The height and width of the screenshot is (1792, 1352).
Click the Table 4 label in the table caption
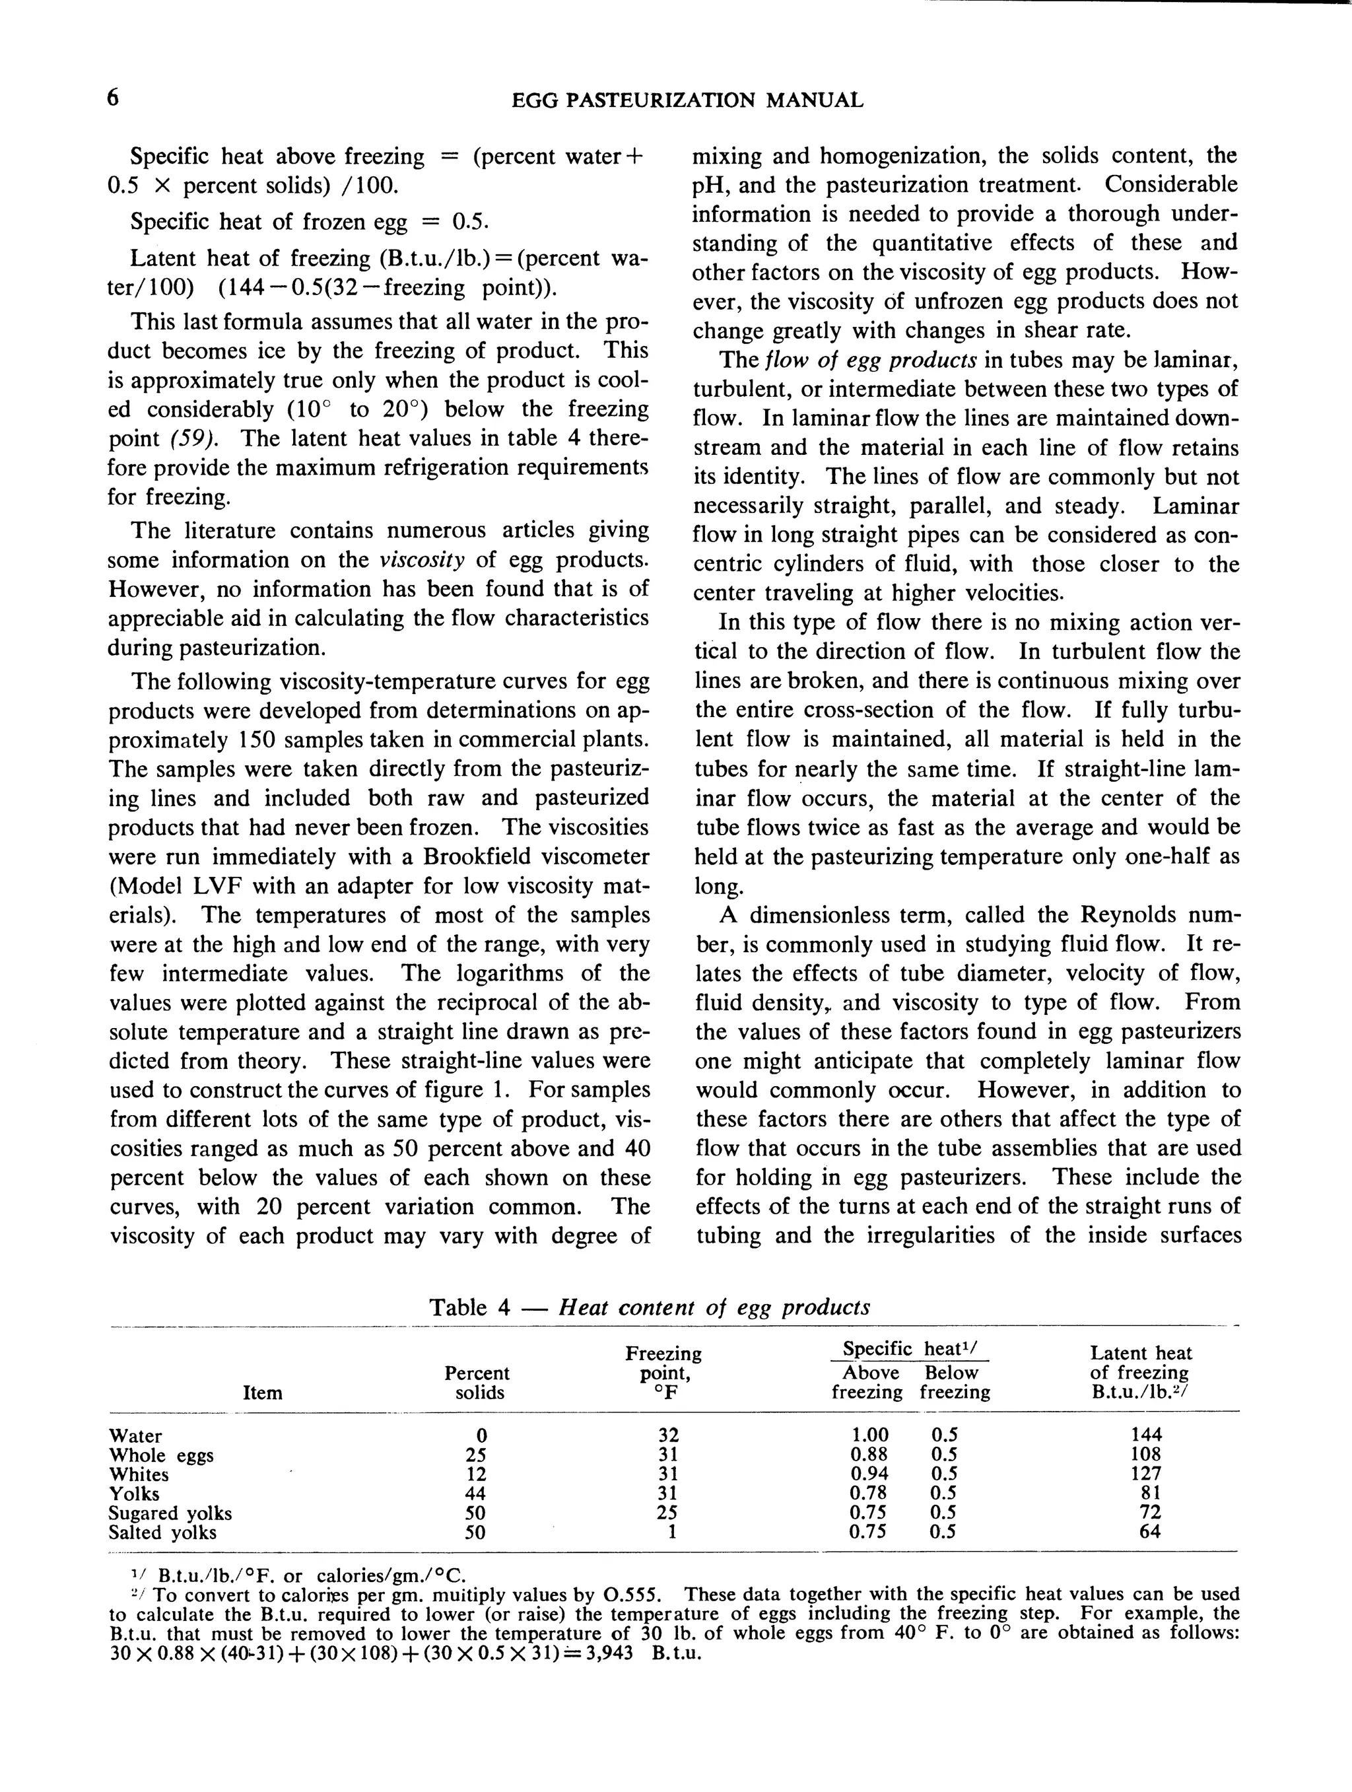coord(470,1307)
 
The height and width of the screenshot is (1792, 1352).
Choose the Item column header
coord(263,1393)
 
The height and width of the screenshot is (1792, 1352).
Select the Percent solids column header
coord(477,1383)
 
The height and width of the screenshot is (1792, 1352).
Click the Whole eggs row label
coord(161,1455)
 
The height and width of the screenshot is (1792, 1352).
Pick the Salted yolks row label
coord(163,1532)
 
